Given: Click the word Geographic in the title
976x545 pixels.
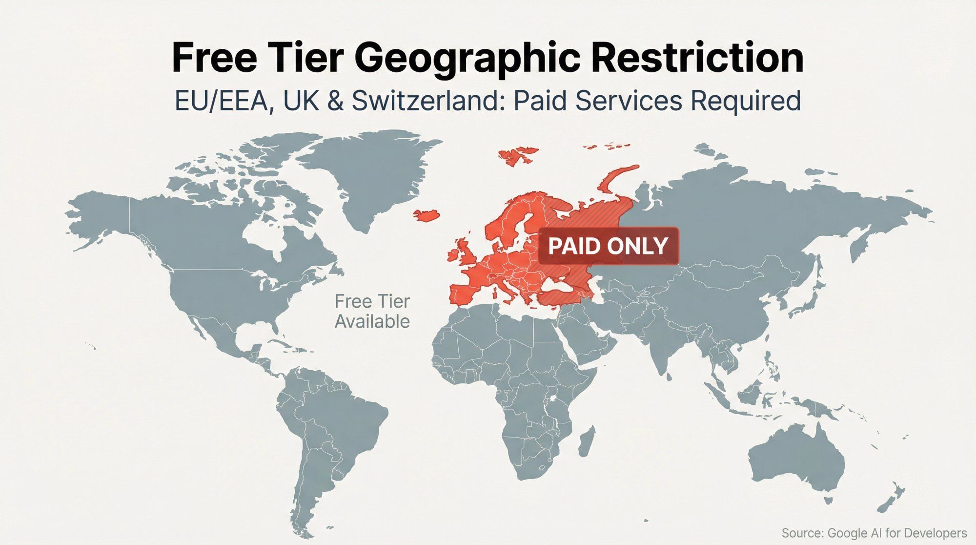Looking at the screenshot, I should (470, 58).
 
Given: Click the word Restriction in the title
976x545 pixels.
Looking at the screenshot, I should (697, 58).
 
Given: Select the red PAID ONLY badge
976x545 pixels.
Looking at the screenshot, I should (608, 246).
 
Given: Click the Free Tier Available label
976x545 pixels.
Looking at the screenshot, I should (372, 312).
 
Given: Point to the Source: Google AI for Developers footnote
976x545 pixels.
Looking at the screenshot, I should (874, 533).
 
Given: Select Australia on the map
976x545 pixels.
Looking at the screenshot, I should (795, 459).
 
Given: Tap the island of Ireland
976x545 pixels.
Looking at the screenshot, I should (453, 255).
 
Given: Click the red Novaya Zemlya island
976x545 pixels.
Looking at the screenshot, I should (617, 178).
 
